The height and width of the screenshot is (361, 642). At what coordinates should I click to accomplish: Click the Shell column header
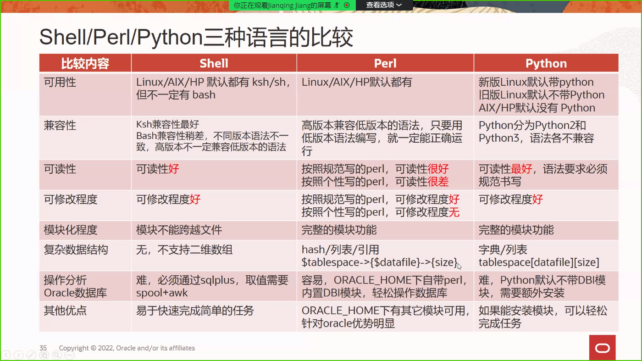click(214, 63)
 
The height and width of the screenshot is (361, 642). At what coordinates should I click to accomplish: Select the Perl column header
click(385, 63)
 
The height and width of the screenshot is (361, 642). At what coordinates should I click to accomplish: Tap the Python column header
click(546, 63)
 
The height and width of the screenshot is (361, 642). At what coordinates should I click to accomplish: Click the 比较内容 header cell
click(85, 63)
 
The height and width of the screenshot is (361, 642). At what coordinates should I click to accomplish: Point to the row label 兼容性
click(60, 125)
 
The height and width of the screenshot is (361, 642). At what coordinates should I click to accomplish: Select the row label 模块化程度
click(71, 230)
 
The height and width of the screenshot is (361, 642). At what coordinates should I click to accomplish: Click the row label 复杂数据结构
click(76, 250)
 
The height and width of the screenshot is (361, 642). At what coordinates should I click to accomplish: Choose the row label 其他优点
click(66, 311)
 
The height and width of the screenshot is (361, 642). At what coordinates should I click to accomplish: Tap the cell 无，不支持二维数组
click(184, 250)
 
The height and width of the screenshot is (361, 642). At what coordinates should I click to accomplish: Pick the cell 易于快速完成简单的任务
click(195, 311)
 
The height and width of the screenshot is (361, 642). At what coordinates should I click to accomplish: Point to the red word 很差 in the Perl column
click(438, 182)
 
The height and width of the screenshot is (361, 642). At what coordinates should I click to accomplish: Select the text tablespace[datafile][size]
click(539, 262)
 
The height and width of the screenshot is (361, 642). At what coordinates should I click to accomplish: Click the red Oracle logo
click(603, 348)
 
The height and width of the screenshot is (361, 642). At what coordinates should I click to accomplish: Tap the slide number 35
click(43, 348)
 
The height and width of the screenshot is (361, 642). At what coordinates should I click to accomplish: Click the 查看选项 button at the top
click(384, 5)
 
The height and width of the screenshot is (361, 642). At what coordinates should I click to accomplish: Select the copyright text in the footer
click(127, 348)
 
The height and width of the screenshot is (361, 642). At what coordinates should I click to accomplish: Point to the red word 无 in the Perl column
click(454, 212)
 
